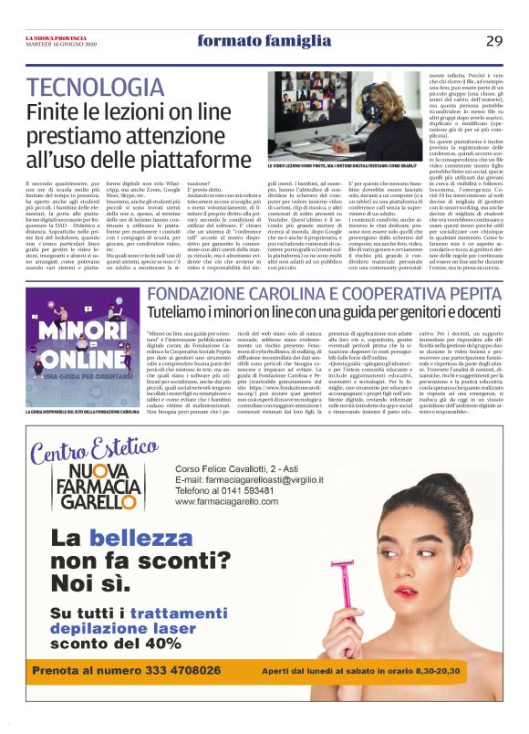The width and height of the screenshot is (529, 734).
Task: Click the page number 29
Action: pos(493,40)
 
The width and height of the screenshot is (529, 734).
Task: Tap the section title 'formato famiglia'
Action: pos(249,40)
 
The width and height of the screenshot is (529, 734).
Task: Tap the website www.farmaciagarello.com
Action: pos(228,502)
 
